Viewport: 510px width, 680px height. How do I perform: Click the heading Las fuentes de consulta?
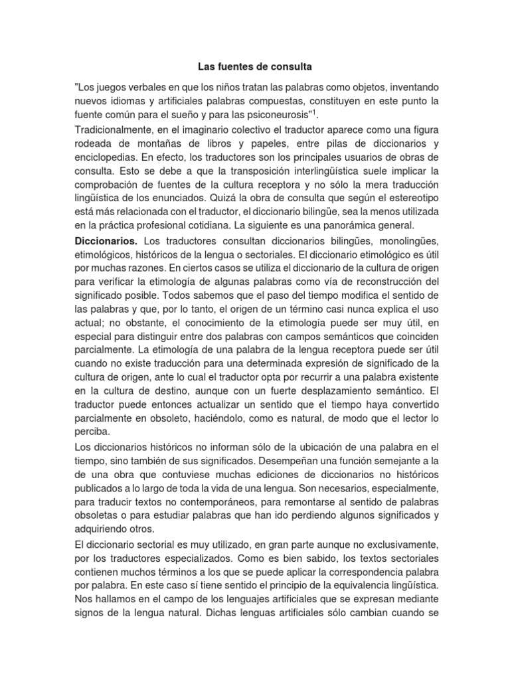tap(255, 67)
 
